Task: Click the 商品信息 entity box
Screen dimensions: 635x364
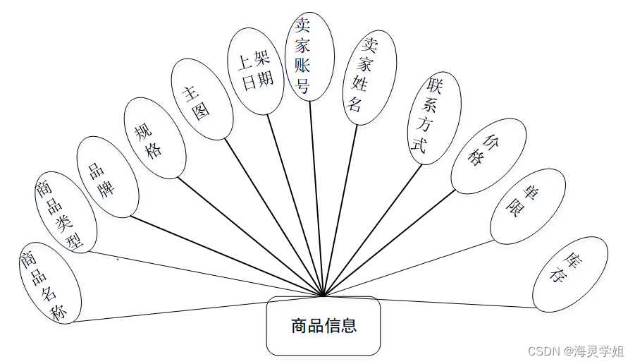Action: click(x=323, y=326)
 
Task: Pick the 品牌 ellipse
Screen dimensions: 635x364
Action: click(x=108, y=176)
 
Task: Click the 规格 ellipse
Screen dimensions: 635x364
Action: click(x=154, y=138)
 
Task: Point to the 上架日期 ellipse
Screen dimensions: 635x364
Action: click(x=256, y=71)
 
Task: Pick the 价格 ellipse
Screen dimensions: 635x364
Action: click(x=488, y=156)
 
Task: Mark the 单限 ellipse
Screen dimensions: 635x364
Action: click(x=528, y=205)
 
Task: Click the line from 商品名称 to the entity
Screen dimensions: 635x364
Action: click(x=197, y=308)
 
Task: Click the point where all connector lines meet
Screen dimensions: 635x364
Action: click(x=323, y=296)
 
